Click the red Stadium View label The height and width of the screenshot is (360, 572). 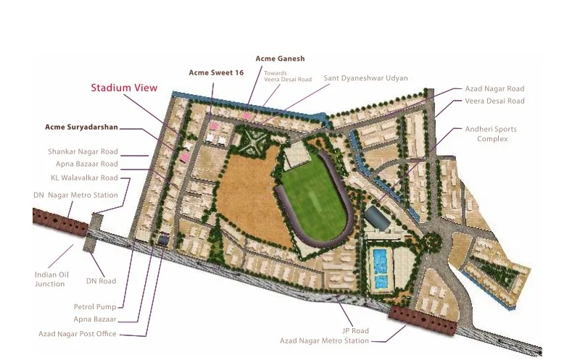point(124,88)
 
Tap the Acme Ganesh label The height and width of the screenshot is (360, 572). point(280,58)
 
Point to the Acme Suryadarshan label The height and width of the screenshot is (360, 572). point(81,127)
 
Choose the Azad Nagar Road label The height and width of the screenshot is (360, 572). point(494,88)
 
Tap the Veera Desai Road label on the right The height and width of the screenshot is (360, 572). point(494,101)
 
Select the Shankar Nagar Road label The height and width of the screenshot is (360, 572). point(83,152)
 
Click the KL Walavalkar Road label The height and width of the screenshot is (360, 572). point(84,177)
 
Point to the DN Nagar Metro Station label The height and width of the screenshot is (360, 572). point(75,195)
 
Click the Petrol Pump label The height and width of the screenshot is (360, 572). point(94,307)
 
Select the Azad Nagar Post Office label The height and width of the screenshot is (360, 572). point(78,334)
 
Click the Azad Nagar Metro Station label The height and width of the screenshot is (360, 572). point(324,340)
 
